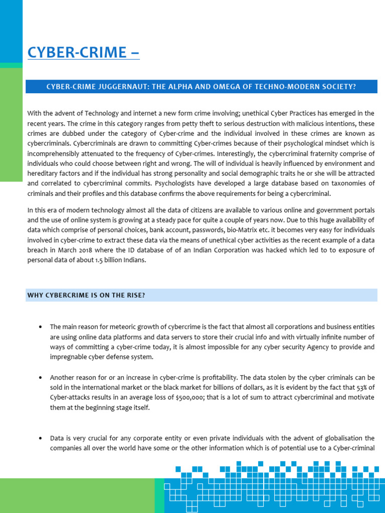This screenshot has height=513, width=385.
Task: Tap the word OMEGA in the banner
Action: (x=229, y=87)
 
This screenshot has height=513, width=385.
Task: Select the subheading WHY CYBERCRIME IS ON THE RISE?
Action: (x=86, y=295)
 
